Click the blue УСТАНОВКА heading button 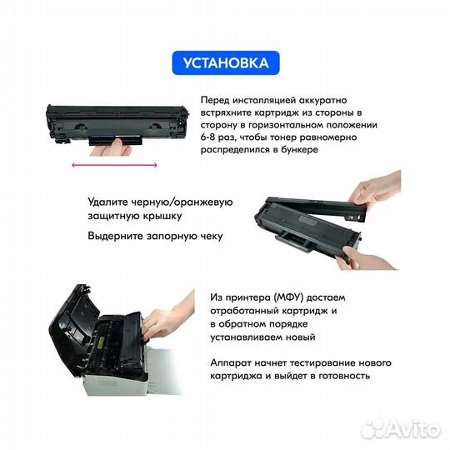click(225, 62)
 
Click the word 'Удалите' click(108, 201)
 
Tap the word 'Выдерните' click(117, 237)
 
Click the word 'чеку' click(208, 237)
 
